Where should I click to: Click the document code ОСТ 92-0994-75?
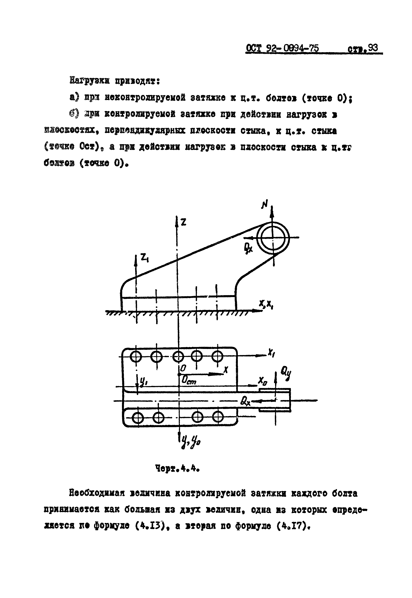282,49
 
